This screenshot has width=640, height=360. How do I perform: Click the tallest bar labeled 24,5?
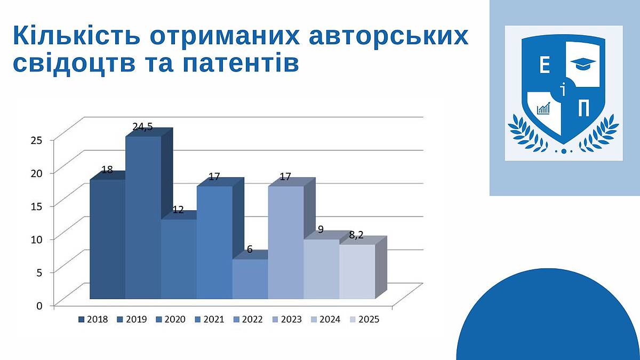143,218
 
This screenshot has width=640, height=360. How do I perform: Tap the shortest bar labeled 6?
250,279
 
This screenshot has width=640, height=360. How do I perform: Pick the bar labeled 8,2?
357,271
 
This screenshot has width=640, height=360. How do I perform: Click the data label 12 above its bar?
178,210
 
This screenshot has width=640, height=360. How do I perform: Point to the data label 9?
321,229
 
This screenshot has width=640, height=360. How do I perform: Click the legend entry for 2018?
93,319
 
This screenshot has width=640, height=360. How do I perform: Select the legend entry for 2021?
210,319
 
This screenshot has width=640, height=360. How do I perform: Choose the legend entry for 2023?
287,319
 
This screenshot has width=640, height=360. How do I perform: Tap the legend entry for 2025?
365,319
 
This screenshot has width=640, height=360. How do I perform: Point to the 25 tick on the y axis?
37,140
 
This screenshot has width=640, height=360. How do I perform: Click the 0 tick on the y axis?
39,306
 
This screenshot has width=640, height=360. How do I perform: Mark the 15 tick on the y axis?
37,206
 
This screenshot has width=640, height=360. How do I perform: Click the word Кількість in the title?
77,35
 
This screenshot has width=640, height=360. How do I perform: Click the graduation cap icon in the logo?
583,63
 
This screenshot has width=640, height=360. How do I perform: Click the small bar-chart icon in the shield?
543,108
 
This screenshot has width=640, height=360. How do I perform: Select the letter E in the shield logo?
545,65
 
